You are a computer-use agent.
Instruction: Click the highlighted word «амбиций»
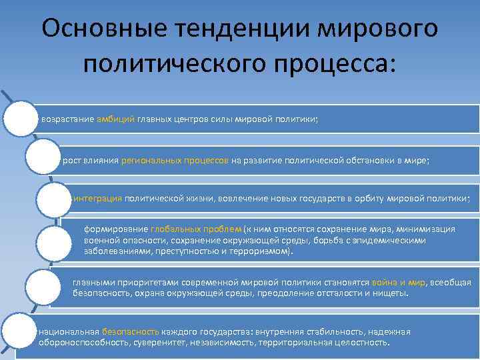[116, 119]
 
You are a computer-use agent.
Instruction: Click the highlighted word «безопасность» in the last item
[131, 331]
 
